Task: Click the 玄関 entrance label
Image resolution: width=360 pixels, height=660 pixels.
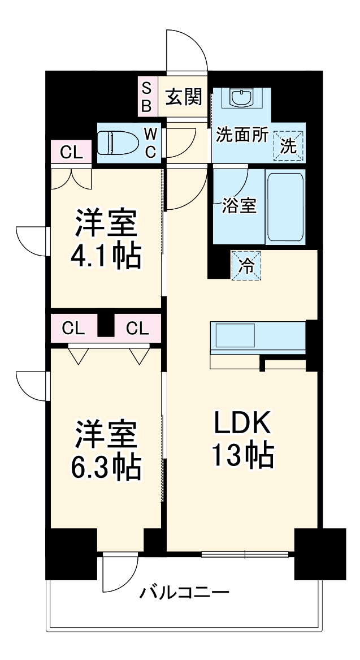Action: coord(183,97)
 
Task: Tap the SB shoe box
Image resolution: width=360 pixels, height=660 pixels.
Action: coord(146,97)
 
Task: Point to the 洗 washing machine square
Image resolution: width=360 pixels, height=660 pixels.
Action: coord(288,145)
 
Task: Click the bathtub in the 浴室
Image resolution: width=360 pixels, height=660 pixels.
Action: coord(285,206)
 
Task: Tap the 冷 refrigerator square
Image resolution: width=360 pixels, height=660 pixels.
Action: coord(246,266)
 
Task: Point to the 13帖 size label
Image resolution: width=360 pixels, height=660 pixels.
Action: coord(242,455)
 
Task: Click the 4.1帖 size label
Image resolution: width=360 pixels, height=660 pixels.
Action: coord(106,257)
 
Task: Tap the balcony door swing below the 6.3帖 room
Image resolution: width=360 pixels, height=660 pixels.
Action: coord(119,571)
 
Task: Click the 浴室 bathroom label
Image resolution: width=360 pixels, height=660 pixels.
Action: coord(239,206)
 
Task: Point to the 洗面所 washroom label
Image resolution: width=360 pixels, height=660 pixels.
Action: coord(242,136)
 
